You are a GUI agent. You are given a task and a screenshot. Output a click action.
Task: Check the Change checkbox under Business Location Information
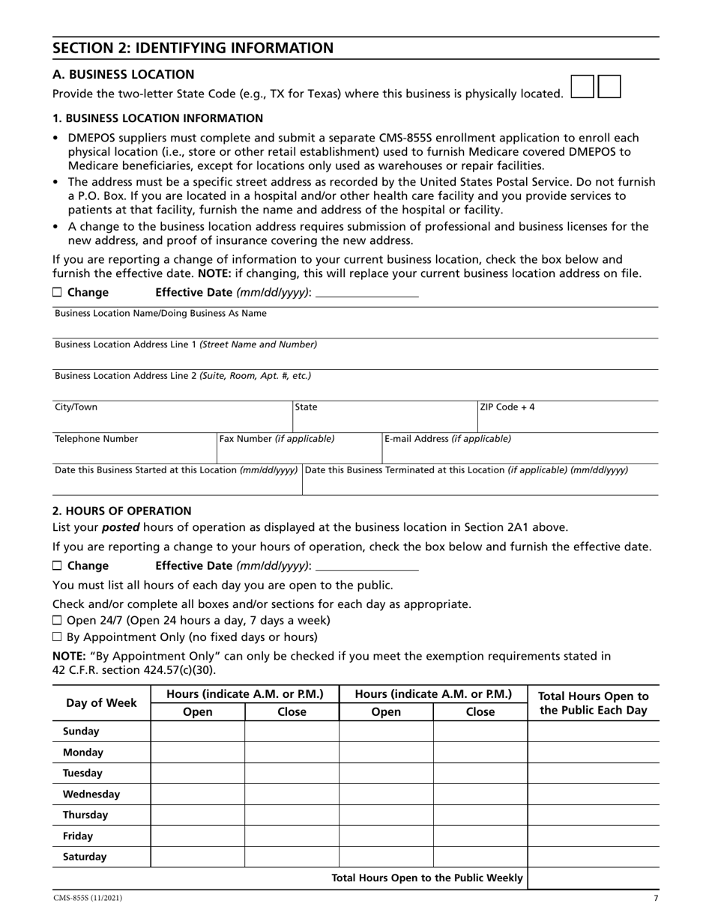point(58,293)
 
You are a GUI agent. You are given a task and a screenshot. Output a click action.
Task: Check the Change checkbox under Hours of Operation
point(58,566)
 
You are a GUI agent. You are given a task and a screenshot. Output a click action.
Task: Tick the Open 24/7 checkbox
point(58,621)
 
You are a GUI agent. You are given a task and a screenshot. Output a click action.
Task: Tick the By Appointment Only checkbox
point(58,637)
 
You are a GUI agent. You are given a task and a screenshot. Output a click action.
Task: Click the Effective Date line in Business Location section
point(367,293)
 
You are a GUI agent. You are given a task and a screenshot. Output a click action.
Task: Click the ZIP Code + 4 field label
point(507,407)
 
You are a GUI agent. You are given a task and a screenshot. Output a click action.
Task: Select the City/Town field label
point(76,407)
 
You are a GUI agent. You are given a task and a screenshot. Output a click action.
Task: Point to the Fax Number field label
point(277,439)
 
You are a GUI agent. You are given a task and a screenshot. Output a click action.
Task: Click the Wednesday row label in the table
point(91,794)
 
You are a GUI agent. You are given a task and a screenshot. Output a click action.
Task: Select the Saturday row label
point(85,857)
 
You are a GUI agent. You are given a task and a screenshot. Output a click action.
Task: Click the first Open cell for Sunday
point(198,732)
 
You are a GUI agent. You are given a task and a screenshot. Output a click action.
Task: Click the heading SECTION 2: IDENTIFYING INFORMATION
point(193,49)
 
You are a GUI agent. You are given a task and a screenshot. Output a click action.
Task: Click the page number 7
point(656,898)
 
